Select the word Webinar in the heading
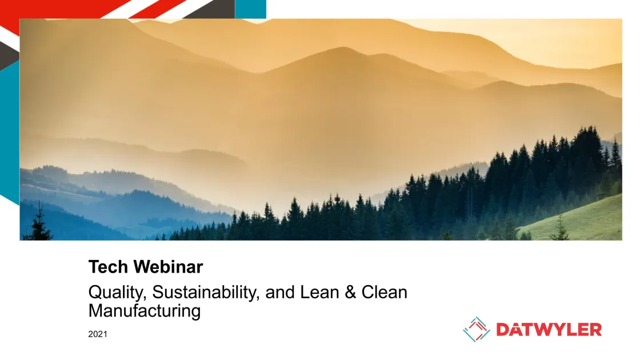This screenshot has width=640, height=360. [x=168, y=267]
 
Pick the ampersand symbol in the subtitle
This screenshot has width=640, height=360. [x=350, y=292]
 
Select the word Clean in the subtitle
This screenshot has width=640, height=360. [x=384, y=292]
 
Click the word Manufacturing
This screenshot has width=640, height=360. [x=145, y=311]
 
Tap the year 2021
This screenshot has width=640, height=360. [x=98, y=334]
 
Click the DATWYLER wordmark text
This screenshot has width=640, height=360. [x=549, y=330]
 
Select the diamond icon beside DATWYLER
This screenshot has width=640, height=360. [x=477, y=329]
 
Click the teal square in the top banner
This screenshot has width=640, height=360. [x=251, y=9]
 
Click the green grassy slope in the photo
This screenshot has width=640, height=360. [x=579, y=221]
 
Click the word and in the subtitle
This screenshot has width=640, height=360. [x=280, y=292]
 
